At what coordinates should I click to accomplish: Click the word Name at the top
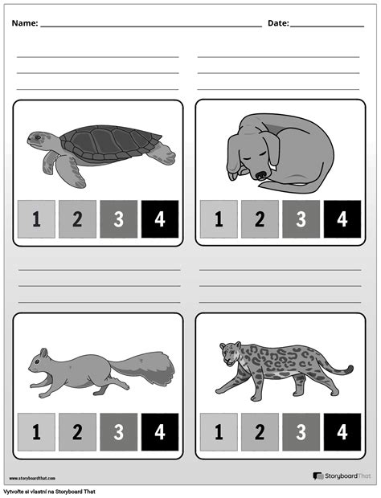point(25,23)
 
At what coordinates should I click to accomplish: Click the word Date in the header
point(278,23)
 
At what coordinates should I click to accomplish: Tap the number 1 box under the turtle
point(36,219)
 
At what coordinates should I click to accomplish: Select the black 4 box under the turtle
point(159,219)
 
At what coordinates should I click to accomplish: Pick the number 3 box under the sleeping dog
point(301,219)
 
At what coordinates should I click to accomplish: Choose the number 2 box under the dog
point(260,219)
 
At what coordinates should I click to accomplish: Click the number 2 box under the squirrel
point(77,432)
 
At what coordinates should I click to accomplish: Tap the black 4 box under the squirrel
point(159,432)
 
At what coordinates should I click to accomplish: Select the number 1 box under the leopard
point(219,432)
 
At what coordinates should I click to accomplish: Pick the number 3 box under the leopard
point(301,432)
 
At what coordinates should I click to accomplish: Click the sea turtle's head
point(36,139)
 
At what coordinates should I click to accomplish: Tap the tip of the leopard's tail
point(350,370)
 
